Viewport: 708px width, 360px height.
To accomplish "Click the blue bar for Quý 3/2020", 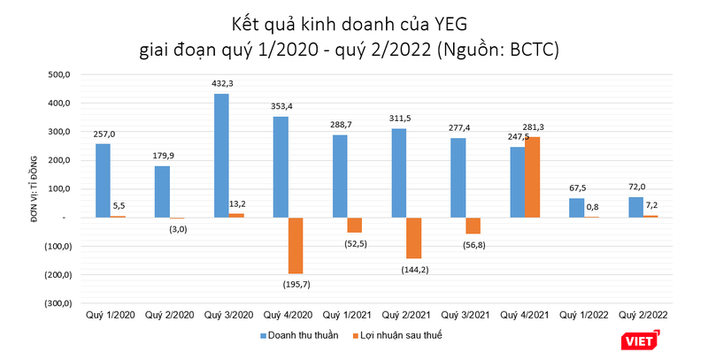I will click(x=221, y=155).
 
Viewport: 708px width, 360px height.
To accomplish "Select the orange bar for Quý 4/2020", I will click(x=295, y=245).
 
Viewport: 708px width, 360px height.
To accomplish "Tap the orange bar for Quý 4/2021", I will click(x=533, y=177).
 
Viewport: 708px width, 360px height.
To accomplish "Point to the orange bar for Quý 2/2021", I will click(x=414, y=238).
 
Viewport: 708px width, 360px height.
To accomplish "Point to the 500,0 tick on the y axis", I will click(x=57, y=75).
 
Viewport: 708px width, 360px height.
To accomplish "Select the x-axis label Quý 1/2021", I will click(x=348, y=314).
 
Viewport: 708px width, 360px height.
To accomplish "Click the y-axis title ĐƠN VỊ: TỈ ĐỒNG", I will click(x=16, y=188).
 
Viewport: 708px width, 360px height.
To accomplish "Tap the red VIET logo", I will click(x=640, y=338).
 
